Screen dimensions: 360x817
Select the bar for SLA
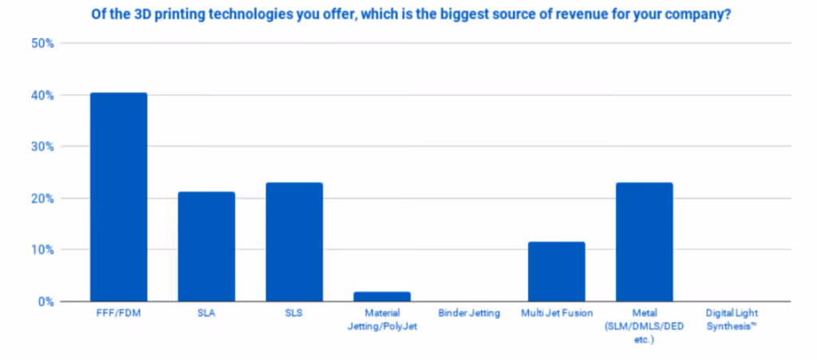[x=206, y=247]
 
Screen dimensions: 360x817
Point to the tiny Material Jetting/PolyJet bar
[x=381, y=296]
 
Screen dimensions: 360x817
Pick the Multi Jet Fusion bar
[x=556, y=271]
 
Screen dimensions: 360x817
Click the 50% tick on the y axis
[x=42, y=43]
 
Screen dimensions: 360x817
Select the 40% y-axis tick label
[x=42, y=95]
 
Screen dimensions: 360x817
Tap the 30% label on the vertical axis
[x=42, y=147]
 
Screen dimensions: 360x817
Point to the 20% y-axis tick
[x=42, y=198]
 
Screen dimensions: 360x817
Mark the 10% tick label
[x=42, y=250]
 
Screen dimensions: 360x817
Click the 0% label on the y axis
[x=45, y=302]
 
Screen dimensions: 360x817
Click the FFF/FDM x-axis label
[x=118, y=314]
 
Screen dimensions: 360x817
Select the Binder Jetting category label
[x=469, y=314]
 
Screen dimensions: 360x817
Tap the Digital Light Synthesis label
[x=732, y=319]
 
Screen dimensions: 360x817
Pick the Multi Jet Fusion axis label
[x=556, y=314]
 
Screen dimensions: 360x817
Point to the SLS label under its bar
[x=294, y=314]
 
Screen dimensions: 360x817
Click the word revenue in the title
[x=566, y=15]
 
